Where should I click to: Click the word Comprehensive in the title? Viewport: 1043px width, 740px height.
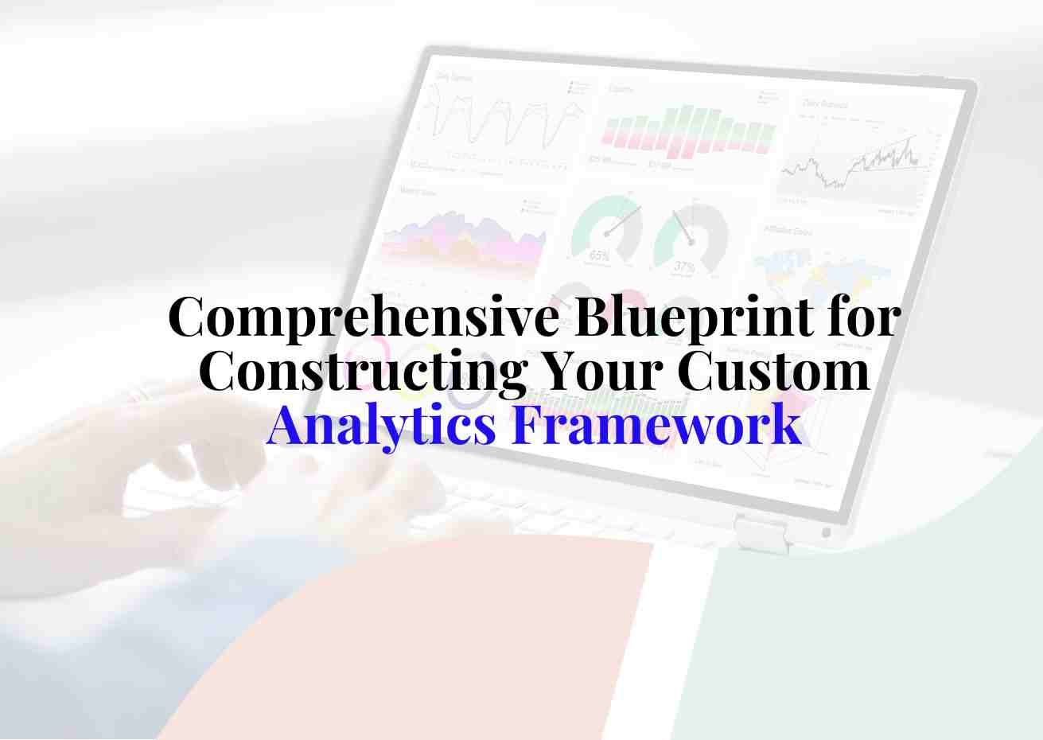click(x=364, y=317)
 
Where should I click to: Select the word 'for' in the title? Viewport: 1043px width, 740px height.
click(x=863, y=317)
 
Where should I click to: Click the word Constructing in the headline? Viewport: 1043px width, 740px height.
click(x=361, y=370)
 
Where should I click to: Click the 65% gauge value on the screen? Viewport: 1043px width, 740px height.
click(x=599, y=256)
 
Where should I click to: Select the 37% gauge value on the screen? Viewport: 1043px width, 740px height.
click(x=683, y=267)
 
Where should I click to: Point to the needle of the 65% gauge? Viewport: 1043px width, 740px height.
click(x=622, y=220)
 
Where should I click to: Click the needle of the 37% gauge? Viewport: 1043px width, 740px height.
click(x=683, y=226)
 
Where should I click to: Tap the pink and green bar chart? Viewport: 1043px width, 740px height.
click(x=687, y=132)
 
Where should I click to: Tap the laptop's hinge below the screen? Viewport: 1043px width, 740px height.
click(x=761, y=532)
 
